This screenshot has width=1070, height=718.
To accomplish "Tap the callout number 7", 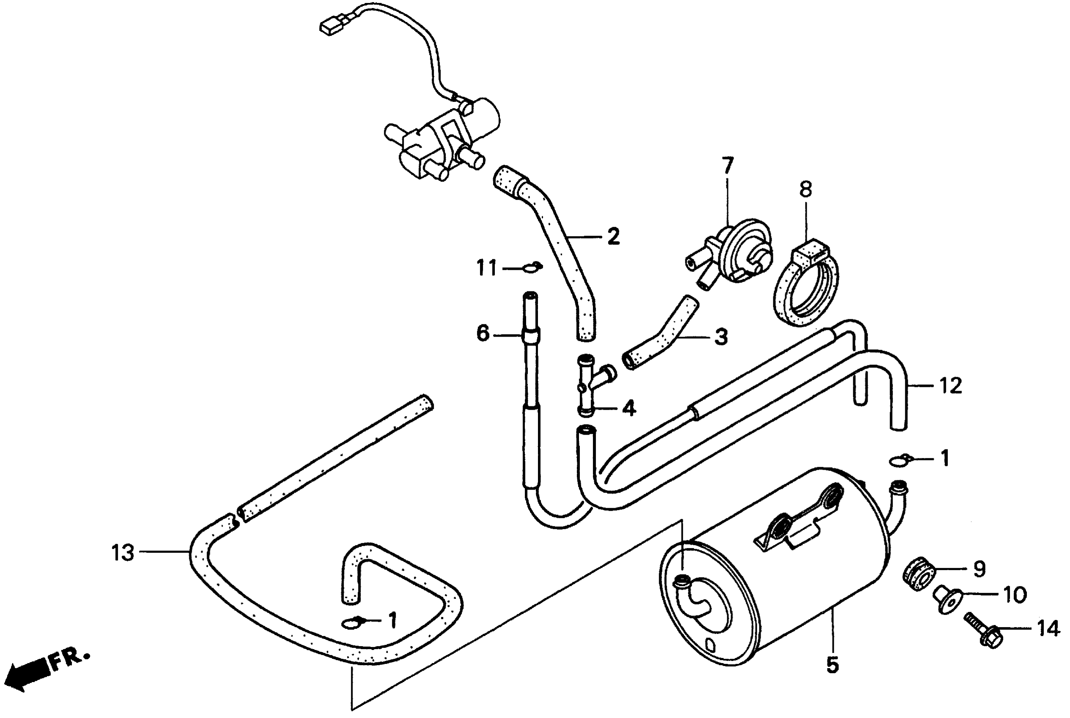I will (728, 166).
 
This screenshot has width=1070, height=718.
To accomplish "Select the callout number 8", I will (806, 189).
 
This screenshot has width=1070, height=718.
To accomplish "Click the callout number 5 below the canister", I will (832, 664).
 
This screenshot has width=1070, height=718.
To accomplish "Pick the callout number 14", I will (1048, 629).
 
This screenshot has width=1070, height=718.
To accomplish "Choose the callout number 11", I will (486, 268).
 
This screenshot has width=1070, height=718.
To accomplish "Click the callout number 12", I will (950, 386).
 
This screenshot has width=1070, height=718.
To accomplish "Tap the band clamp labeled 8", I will (806, 286).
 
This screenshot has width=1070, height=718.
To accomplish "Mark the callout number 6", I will (483, 333).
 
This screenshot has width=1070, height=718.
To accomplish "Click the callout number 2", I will (613, 237).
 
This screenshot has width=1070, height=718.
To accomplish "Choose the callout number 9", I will (979, 569).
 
